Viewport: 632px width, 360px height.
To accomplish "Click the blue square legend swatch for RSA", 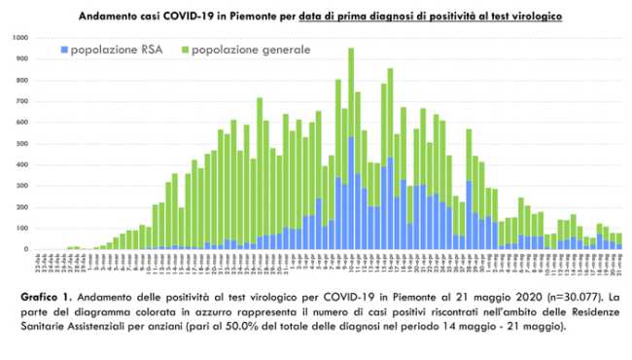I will [x=64, y=49].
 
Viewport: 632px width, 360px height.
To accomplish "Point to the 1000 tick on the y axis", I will [x=19, y=38].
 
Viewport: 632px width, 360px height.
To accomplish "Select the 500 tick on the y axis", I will [x=21, y=143].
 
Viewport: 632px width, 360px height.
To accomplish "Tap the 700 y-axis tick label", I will [x=21, y=101].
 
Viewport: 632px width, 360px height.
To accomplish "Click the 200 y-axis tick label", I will [x=21, y=207].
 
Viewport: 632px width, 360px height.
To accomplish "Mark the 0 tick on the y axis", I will [x=25, y=249].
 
